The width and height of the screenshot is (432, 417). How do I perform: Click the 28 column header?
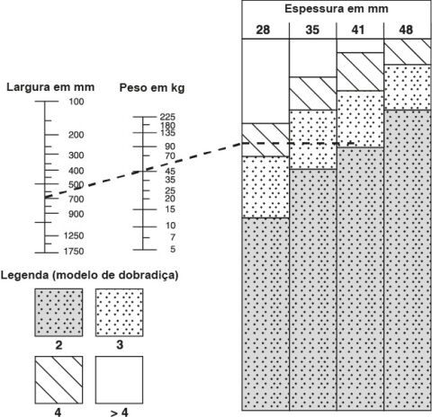coord(263,30)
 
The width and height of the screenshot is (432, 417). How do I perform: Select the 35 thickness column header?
coord(312,30)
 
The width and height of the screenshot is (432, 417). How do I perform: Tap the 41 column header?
coord(358,30)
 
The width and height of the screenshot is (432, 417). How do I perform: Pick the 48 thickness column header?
coord(406,30)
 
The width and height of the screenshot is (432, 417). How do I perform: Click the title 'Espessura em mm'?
coord(337,9)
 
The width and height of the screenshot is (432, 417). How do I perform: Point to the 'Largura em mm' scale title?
coord(50,87)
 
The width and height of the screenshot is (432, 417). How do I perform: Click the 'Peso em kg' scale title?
coord(152,88)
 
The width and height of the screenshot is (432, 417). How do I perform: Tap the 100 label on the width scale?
coord(76,102)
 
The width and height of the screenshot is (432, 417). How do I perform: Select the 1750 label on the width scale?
coord(74,251)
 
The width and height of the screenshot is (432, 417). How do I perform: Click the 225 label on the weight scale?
coord(167,117)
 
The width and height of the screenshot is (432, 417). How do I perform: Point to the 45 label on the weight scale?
coord(170,172)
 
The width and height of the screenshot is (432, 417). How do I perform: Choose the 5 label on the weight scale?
coord(173,249)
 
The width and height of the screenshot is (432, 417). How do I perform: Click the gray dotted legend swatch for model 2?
coord(58,313)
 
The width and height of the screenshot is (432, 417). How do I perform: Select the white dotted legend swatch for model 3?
coord(120,313)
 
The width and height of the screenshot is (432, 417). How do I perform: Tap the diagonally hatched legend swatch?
coord(58,380)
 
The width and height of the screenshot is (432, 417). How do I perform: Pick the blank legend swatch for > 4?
coord(120,380)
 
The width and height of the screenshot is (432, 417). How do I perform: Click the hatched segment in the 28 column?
coord(265,140)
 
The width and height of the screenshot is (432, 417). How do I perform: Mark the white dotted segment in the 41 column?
coord(360,119)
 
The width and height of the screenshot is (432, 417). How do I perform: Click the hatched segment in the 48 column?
coord(408,52)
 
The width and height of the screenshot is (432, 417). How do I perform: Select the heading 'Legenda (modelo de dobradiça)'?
coord(89,275)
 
